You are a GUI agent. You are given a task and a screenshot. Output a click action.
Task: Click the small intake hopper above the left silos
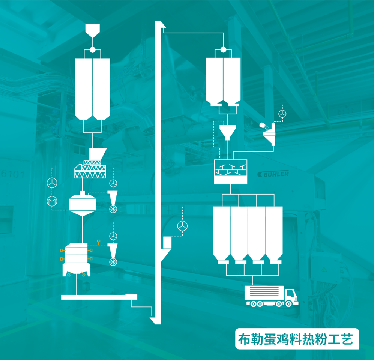92,30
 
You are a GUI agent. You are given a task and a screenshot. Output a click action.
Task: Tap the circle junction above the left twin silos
92,50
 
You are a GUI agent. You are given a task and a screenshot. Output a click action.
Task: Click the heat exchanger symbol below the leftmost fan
51,201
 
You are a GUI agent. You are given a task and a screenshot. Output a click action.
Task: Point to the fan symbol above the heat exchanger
51,183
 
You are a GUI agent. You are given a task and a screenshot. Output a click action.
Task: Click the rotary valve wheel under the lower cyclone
113,262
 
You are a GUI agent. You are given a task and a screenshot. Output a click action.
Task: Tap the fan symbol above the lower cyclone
113,236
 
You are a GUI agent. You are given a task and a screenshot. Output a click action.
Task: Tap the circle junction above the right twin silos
223,50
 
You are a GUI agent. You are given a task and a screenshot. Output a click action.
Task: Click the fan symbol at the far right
282,114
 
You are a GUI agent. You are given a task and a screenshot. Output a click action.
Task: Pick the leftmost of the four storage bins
221,232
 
